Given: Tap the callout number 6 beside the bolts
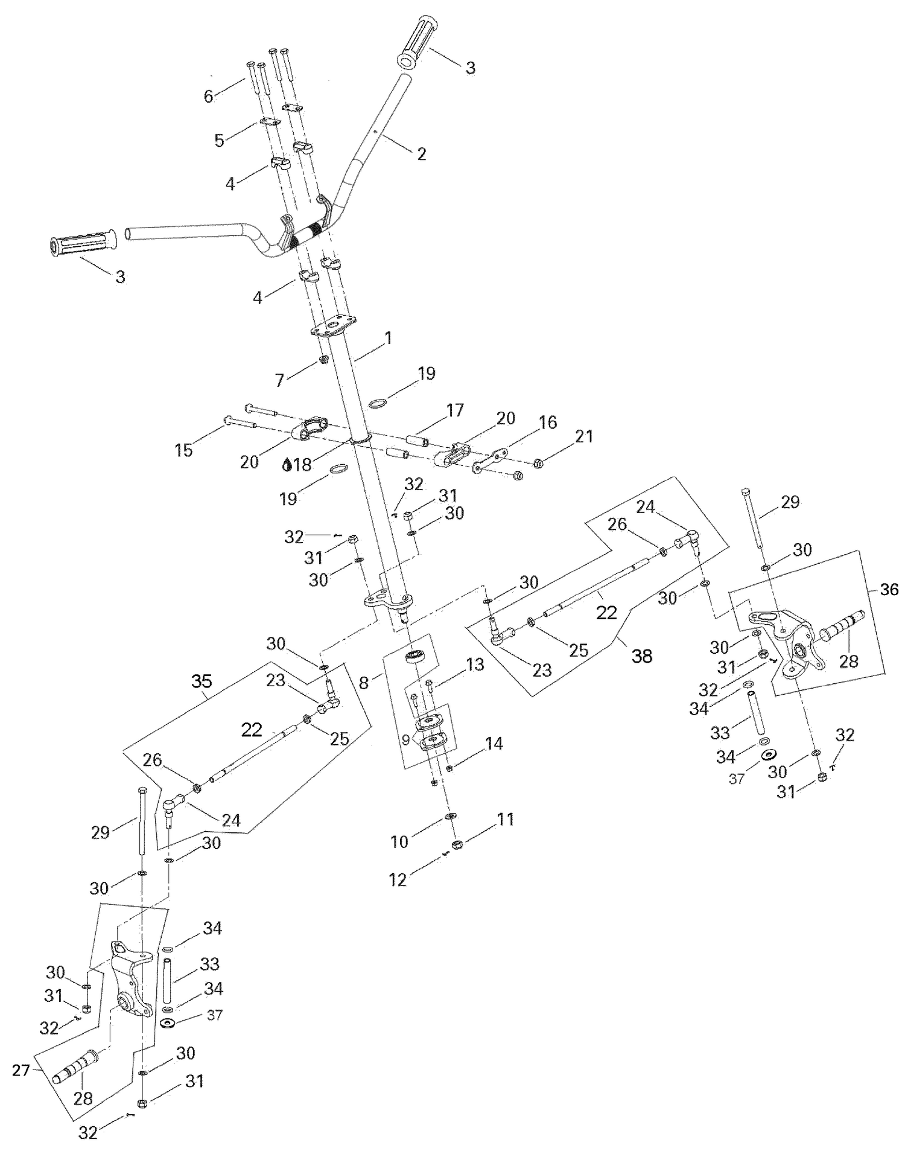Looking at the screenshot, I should click(x=209, y=96).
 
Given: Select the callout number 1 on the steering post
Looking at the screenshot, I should click(x=388, y=338).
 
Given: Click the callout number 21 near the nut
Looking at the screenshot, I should click(x=583, y=436).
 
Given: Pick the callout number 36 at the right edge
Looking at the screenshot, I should click(x=889, y=589).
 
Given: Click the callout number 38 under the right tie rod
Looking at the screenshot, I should click(x=642, y=655).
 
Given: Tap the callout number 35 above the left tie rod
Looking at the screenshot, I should click(x=202, y=681).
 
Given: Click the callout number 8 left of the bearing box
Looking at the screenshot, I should click(x=364, y=683).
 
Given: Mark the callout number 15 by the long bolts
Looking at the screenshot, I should click(x=184, y=450).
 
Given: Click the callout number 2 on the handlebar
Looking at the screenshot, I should click(x=421, y=153).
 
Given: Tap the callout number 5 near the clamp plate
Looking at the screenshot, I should click(x=220, y=141).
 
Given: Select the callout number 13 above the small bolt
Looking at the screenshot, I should click(x=475, y=665).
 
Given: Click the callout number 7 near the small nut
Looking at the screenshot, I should click(x=279, y=380).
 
